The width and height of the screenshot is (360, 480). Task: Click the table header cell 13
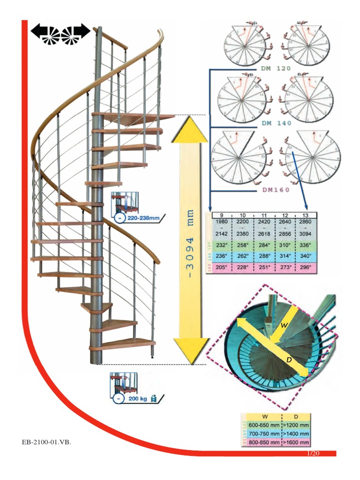click(x=306, y=215)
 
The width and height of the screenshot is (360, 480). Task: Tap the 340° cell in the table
click(x=306, y=256)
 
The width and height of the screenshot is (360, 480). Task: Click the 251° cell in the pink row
click(x=263, y=267)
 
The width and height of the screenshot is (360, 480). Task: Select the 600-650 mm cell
click(x=262, y=425)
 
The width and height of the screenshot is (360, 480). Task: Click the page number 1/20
click(x=313, y=453)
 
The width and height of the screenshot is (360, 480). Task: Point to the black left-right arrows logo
click(x=60, y=33)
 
